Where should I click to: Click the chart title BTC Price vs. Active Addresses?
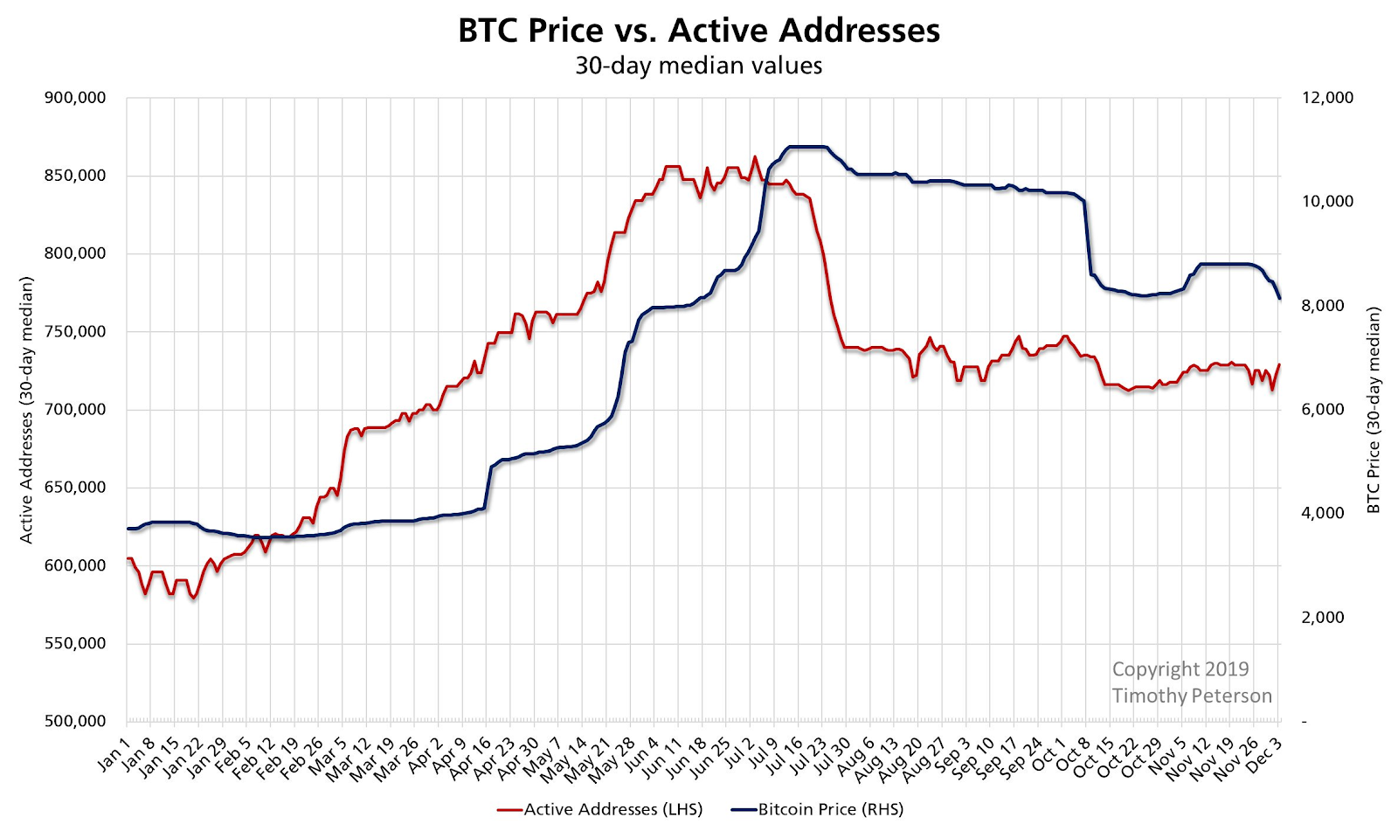pos(699,31)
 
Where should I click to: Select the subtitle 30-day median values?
pos(699,66)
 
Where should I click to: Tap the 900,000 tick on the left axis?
pos(75,98)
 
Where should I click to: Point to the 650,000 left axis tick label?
pos(75,488)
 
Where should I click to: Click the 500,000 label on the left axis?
pos(75,722)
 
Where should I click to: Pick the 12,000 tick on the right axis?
pos(1327,98)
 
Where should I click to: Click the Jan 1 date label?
pos(114,754)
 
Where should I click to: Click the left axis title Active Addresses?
pos(27,410)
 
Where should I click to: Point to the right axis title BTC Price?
pos(1374,410)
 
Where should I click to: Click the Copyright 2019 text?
pos(1180,669)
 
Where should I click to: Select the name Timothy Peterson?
pos(1192,696)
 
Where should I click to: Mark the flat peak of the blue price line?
pos(806,147)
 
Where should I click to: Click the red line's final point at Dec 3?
pos(1279,364)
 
